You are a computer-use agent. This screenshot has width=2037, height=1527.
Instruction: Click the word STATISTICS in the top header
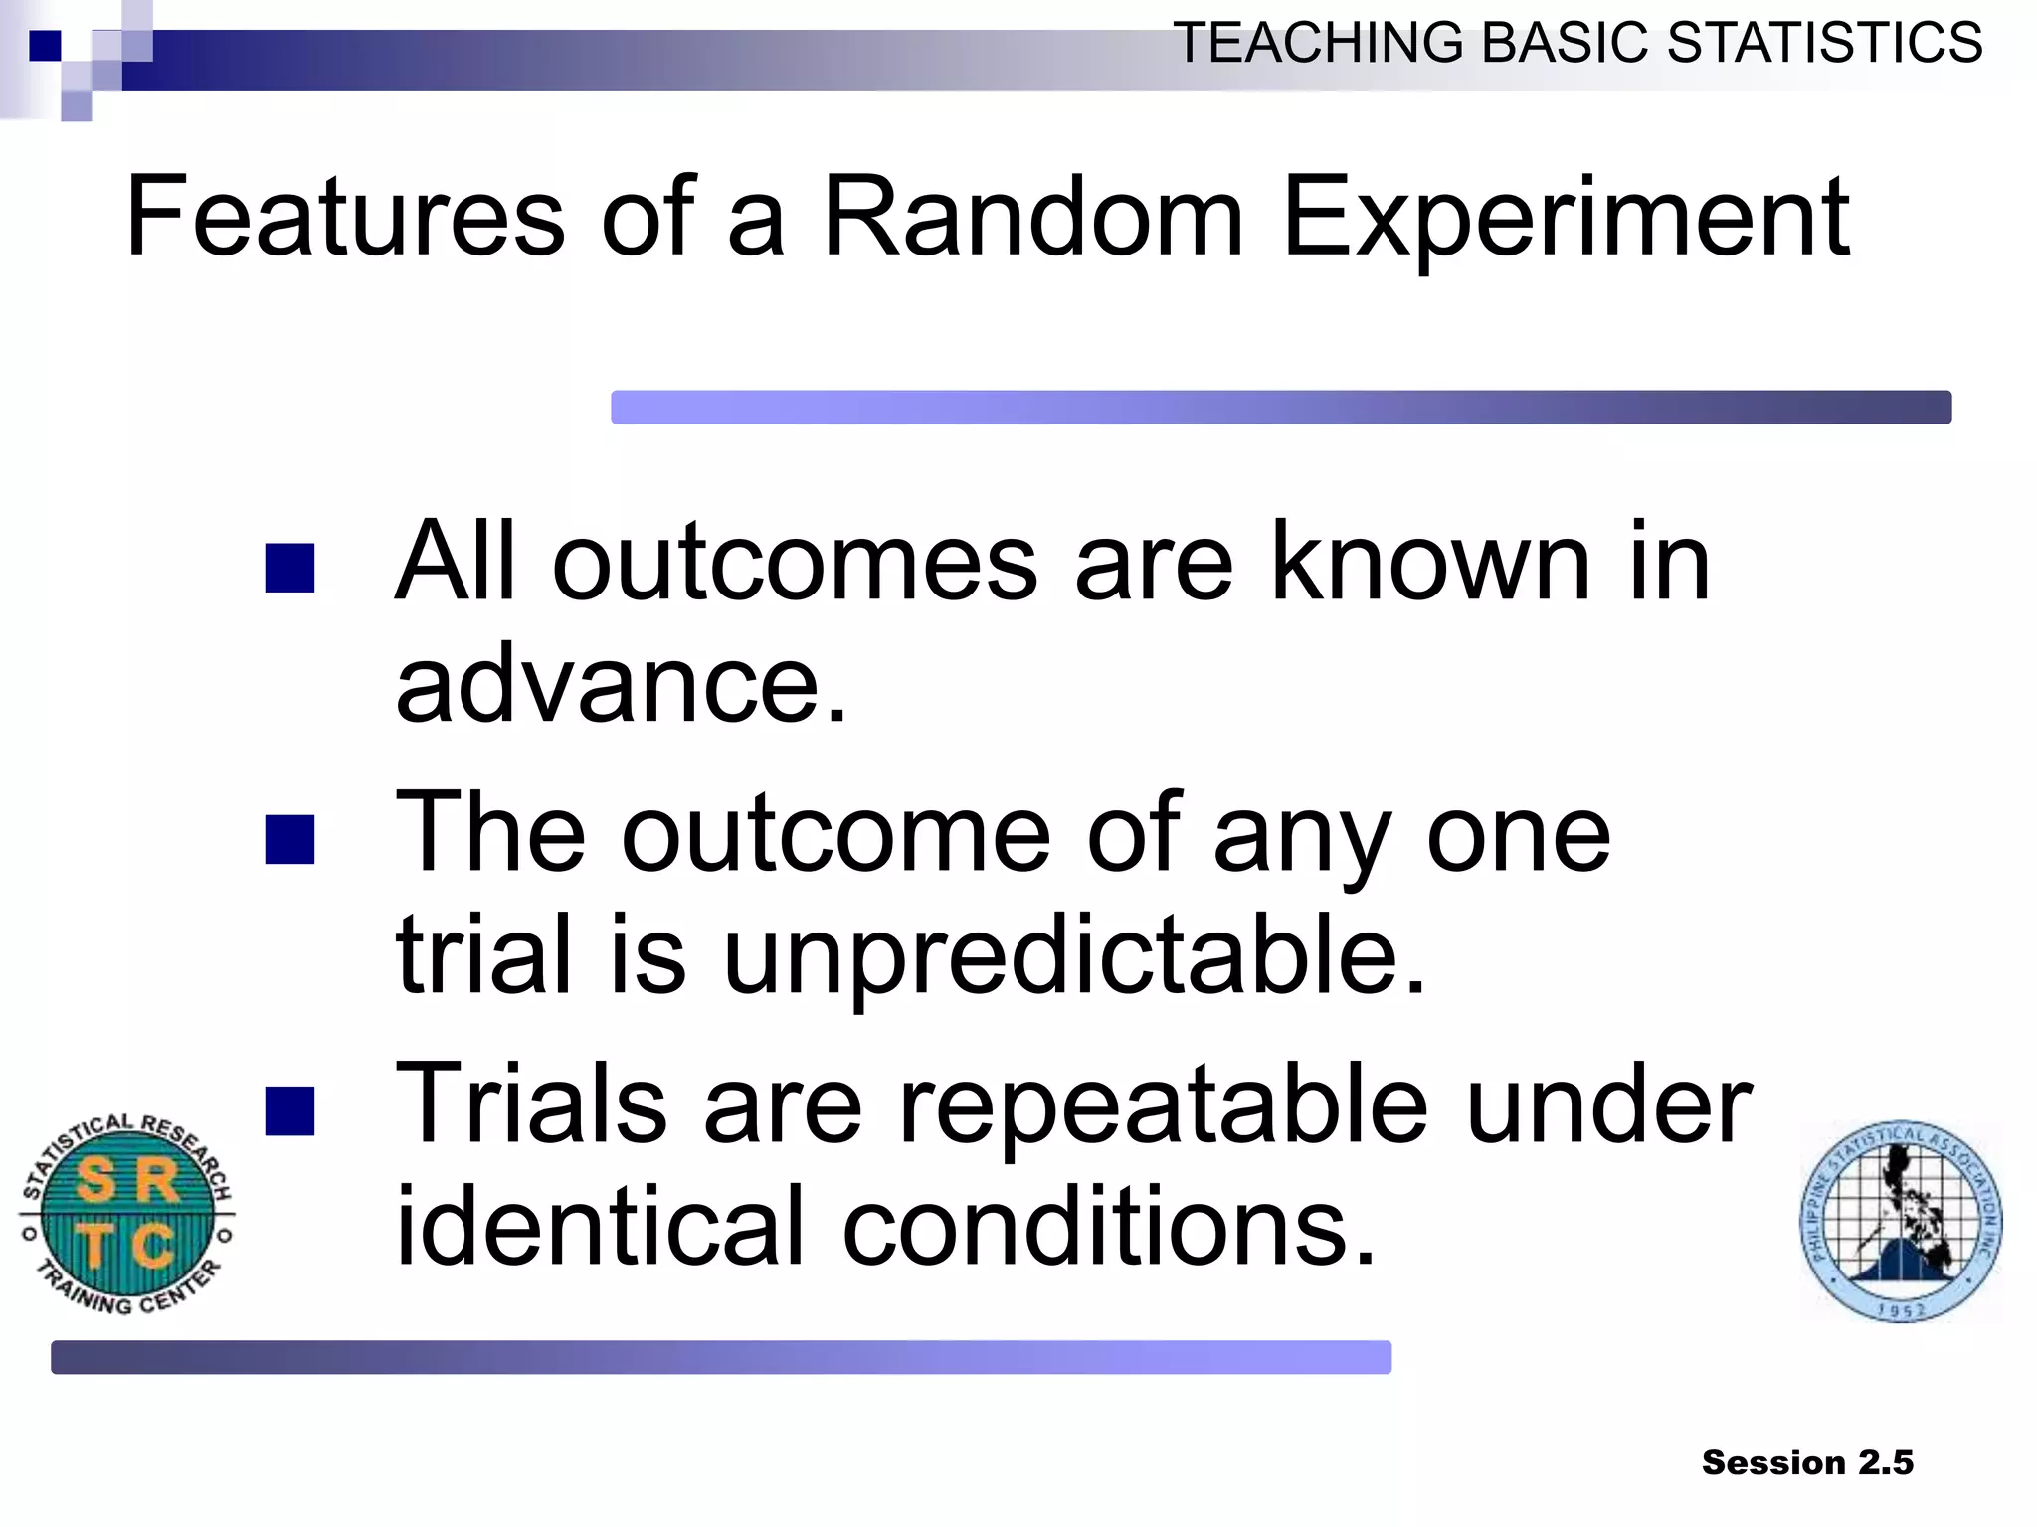[x=1824, y=44]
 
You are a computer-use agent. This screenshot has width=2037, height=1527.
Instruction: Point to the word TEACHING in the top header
[x=1319, y=44]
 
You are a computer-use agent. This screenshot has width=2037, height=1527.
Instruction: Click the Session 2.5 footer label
[x=1807, y=1462]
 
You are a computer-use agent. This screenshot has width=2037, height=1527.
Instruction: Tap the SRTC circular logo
[x=127, y=1214]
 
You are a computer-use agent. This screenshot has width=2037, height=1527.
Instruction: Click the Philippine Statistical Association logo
[x=1901, y=1221]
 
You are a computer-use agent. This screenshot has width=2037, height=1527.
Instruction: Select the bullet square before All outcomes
[x=290, y=568]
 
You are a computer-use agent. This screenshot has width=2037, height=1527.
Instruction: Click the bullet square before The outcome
[x=290, y=839]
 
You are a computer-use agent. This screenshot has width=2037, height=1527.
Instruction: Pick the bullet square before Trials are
[x=290, y=1110]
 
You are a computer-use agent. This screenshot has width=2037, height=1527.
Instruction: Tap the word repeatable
[x=1163, y=1106]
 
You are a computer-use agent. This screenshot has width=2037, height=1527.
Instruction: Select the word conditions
[x=1109, y=1228]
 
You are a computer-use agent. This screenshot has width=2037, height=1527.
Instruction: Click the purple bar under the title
[x=1280, y=407]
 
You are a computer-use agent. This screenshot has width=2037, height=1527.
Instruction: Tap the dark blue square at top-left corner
[x=45, y=46]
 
